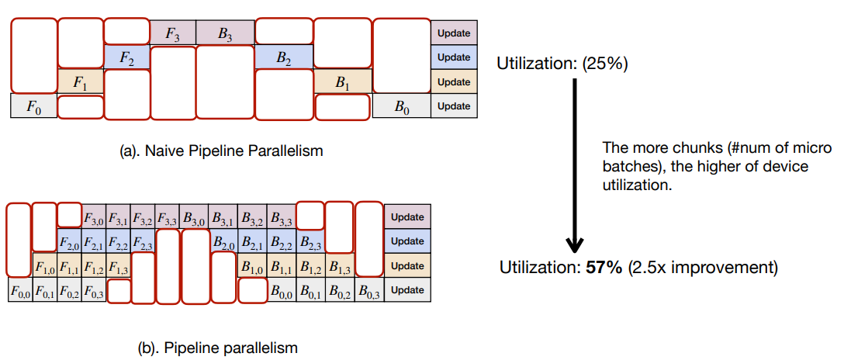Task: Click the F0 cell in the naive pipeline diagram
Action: (33, 106)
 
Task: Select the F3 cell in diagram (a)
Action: (173, 33)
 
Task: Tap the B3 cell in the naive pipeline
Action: (225, 33)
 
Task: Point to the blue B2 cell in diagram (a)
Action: (284, 57)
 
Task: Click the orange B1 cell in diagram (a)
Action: (343, 81)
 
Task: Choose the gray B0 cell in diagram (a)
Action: (401, 106)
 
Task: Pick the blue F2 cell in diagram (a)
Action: (126, 57)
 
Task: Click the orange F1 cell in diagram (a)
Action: (81, 81)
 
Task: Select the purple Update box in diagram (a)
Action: (454, 33)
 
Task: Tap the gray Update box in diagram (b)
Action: (407, 290)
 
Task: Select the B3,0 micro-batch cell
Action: (193, 217)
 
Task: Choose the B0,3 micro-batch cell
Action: (369, 291)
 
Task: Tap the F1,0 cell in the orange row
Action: (44, 267)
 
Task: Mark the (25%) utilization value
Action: (600, 64)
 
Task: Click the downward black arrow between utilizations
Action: (575, 163)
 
